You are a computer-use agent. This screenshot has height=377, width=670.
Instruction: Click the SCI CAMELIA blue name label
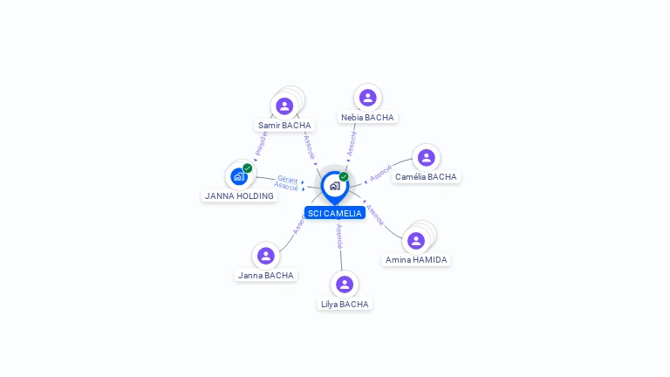pyautogui.click(x=334, y=213)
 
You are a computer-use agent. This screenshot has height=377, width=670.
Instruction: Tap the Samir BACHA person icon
pyautogui.click(x=284, y=106)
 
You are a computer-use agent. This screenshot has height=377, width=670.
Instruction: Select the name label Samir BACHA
pyautogui.click(x=284, y=125)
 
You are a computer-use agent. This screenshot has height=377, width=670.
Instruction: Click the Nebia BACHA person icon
pyautogui.click(x=367, y=98)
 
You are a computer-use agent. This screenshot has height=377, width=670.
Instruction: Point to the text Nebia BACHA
pyautogui.click(x=367, y=117)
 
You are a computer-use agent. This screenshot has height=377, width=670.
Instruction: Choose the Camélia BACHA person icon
pyautogui.click(x=426, y=158)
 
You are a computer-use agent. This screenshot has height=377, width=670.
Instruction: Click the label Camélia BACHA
pyautogui.click(x=426, y=176)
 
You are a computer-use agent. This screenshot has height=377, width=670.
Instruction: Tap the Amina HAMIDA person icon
pyautogui.click(x=416, y=240)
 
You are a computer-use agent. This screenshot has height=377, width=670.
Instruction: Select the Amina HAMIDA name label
pyautogui.click(x=416, y=259)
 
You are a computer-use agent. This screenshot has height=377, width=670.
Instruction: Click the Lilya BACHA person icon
pyautogui.click(x=345, y=284)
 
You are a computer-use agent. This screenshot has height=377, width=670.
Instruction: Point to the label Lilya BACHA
pyautogui.click(x=345, y=304)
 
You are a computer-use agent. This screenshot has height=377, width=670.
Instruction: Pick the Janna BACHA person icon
pyautogui.click(x=266, y=256)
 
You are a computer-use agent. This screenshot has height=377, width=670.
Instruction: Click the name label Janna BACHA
pyautogui.click(x=266, y=275)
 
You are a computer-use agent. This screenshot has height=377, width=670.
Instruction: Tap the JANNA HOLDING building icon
pyautogui.click(x=238, y=176)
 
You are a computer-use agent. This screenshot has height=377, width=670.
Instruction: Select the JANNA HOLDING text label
pyautogui.click(x=239, y=195)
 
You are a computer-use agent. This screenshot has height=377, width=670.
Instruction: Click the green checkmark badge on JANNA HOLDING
pyautogui.click(x=248, y=168)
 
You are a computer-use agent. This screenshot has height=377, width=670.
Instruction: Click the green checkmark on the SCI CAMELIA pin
pyautogui.click(x=344, y=176)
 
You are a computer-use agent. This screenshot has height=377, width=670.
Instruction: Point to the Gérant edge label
pyautogui.click(x=287, y=180)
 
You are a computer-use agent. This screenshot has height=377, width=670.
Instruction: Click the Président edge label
pyautogui.click(x=260, y=144)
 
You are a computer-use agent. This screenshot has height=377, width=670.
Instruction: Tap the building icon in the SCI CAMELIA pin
pyautogui.click(x=334, y=186)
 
